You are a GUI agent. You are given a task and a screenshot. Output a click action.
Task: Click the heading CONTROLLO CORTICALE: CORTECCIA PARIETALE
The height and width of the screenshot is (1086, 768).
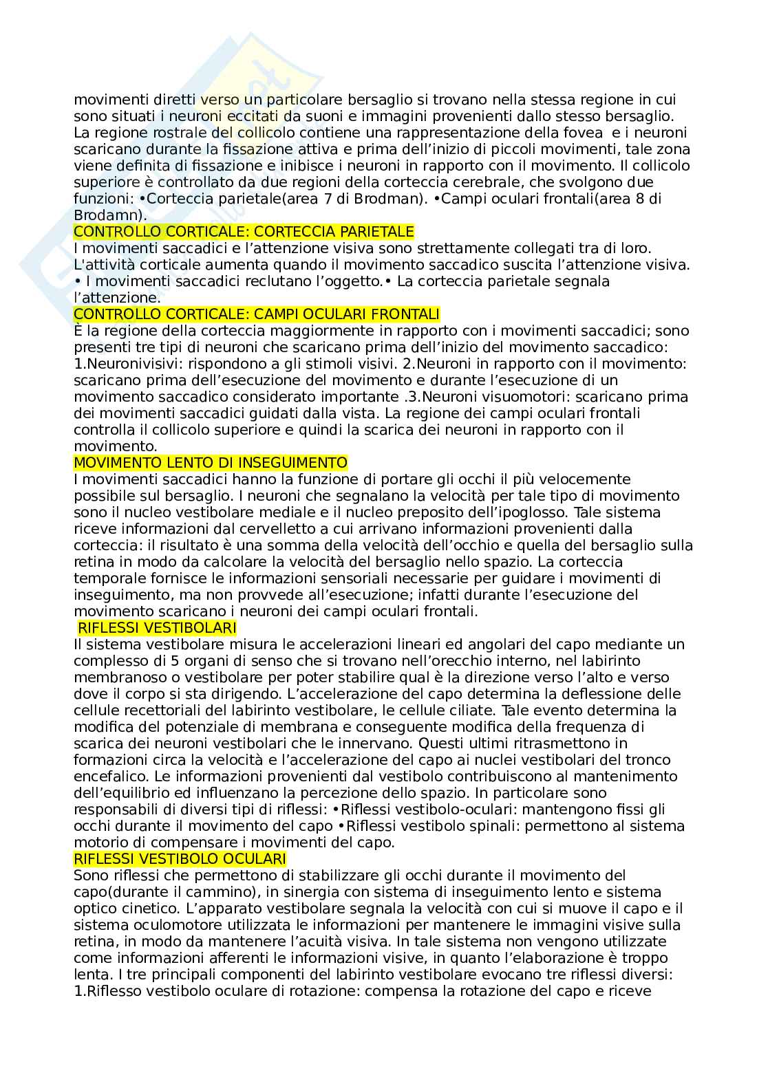(244, 232)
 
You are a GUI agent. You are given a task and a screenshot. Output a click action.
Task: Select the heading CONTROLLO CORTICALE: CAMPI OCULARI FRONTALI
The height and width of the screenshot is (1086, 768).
(256, 314)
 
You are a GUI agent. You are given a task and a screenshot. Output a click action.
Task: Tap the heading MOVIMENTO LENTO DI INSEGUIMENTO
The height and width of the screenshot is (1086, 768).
(210, 463)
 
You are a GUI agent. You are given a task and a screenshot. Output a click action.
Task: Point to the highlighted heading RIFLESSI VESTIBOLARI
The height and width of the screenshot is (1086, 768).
(157, 628)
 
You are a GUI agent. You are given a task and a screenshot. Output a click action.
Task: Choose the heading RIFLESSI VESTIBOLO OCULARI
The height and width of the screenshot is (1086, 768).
(180, 859)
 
